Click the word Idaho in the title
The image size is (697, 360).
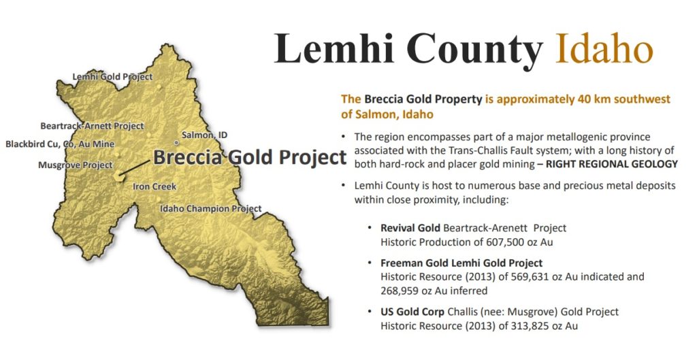point(604,48)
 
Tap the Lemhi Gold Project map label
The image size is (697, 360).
point(112,77)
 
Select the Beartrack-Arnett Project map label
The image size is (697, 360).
point(92,126)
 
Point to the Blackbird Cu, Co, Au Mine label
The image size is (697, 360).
point(60,144)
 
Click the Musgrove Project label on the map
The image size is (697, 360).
point(76,165)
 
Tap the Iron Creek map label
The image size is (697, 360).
point(155,186)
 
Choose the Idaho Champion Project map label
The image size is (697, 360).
point(211,208)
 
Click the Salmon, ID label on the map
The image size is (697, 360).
point(204,135)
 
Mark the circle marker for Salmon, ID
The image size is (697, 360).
point(176,143)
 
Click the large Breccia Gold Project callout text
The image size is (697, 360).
point(250,157)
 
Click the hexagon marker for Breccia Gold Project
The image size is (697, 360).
point(118,176)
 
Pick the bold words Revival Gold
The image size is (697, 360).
point(410,228)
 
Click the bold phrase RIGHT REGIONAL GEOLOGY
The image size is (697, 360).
point(612,164)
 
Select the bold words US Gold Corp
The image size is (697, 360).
point(412,312)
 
